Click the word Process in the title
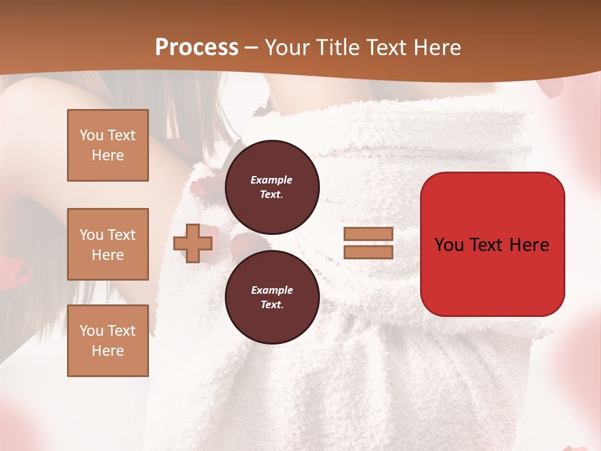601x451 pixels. click(x=197, y=48)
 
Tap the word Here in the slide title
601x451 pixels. click(x=434, y=48)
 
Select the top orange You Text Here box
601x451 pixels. click(x=108, y=145)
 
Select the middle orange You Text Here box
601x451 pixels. click(x=108, y=244)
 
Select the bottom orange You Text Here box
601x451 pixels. click(x=108, y=341)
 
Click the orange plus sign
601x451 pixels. click(x=192, y=243)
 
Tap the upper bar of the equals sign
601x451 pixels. click(x=368, y=234)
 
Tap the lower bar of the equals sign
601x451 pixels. click(x=368, y=252)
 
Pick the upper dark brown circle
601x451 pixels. click(x=272, y=187)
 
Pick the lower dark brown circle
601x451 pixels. click(x=272, y=297)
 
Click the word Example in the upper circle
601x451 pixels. click(x=272, y=180)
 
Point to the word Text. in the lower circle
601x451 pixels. click(x=272, y=304)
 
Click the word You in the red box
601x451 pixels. click(x=448, y=245)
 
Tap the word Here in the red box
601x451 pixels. click(x=529, y=245)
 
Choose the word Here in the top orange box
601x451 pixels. click(x=108, y=155)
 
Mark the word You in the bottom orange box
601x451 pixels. click(x=91, y=331)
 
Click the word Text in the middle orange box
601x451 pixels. click(x=121, y=235)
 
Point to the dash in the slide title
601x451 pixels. click(x=251, y=48)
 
